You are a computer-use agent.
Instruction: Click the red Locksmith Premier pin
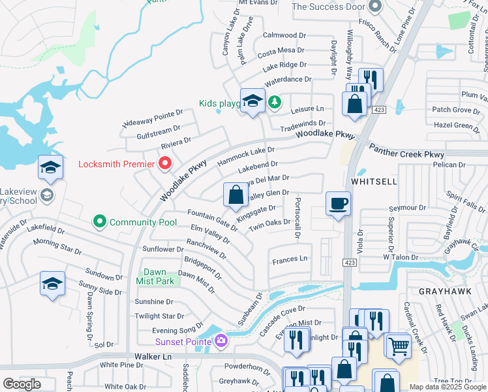coord(164,163)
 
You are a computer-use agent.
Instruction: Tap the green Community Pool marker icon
coord(100,222)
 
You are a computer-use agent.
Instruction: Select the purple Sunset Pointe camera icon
coord(221,341)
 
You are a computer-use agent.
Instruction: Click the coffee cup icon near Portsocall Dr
coord(338,204)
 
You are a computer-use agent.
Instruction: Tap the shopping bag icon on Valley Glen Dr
coord(236,194)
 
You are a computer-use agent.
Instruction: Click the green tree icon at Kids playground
coord(275,101)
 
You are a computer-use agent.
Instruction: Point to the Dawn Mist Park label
coord(159,276)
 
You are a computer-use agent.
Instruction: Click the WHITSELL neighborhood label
coord(373,181)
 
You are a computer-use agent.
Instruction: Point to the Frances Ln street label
coord(290,259)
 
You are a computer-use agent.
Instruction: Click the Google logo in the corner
coord(22,384)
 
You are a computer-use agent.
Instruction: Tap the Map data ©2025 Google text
coord(448,387)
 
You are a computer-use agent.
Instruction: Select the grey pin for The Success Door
coord(374,7)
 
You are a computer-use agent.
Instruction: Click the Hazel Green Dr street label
coord(456,125)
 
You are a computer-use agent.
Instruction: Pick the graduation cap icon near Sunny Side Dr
coord(52,284)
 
